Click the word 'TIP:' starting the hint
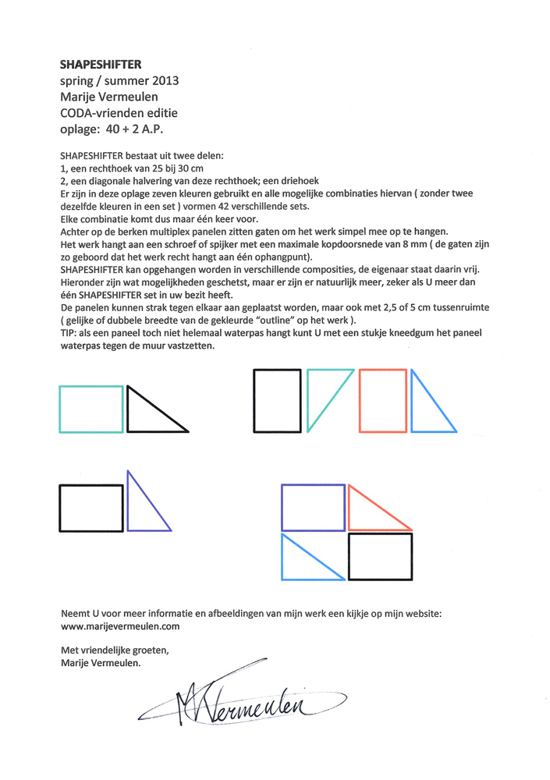point(69,331)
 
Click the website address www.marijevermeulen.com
point(120,626)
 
